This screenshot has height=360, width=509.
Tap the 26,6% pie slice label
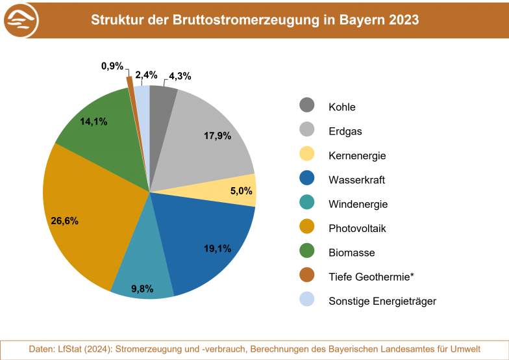(x=65, y=221)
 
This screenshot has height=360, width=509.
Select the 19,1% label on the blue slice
(x=217, y=248)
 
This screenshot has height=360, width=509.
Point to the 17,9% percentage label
(x=217, y=136)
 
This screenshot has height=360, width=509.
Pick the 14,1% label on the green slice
(x=93, y=122)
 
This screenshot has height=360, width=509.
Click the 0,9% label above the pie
(x=112, y=66)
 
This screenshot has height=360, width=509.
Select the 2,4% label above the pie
(x=146, y=75)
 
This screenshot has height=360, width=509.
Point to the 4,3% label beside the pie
(x=179, y=76)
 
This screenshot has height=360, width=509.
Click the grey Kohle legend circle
(x=306, y=107)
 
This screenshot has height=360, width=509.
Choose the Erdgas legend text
(x=345, y=131)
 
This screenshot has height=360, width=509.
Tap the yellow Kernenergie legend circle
(x=306, y=155)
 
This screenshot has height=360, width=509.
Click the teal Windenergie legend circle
(x=306, y=204)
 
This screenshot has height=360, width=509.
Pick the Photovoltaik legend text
(x=358, y=228)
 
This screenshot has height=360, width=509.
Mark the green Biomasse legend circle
(x=306, y=252)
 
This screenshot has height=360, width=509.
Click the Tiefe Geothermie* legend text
(x=371, y=277)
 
